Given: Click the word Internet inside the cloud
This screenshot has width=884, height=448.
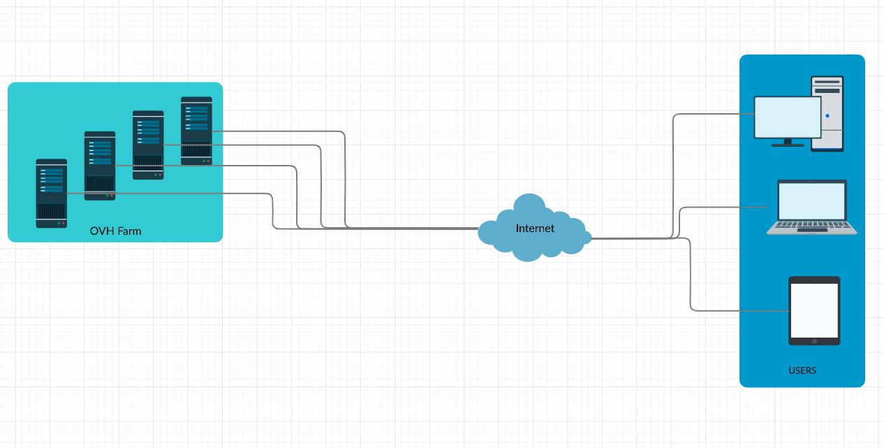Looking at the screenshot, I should (535, 229).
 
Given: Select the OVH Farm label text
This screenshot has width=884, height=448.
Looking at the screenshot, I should (115, 231).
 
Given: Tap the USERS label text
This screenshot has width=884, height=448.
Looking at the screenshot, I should (802, 370).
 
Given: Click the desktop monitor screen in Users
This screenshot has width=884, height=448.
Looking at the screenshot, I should (788, 117).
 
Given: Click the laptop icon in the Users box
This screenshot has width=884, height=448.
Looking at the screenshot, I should (811, 207).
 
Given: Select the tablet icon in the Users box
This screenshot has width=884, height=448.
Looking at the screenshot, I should (814, 310).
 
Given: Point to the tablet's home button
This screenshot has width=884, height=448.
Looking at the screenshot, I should (814, 342).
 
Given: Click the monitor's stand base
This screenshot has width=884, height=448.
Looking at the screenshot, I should (788, 145).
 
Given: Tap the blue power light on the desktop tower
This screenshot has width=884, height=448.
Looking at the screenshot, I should (827, 116).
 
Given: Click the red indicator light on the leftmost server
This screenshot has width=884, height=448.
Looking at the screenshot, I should (64, 224).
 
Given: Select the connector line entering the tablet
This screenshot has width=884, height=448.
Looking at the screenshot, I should (740, 310).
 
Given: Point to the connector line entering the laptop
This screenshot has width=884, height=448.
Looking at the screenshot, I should (726, 207).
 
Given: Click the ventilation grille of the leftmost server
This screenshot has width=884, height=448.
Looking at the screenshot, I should (51, 211).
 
